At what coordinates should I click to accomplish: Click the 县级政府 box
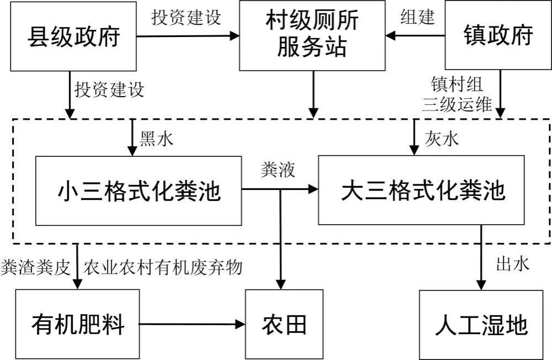click(x=74, y=36)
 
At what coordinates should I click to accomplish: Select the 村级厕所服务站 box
click(x=312, y=35)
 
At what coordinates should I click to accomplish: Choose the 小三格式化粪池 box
click(x=139, y=190)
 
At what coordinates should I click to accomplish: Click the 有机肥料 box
click(x=78, y=324)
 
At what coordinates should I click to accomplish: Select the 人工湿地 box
click(x=481, y=324)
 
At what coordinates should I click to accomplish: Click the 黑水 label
click(x=156, y=139)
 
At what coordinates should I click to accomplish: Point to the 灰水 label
click(x=441, y=139)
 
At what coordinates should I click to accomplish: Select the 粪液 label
click(x=277, y=170)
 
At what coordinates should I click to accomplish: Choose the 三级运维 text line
click(x=457, y=104)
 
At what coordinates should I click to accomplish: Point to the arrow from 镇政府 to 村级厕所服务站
click(x=416, y=36)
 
